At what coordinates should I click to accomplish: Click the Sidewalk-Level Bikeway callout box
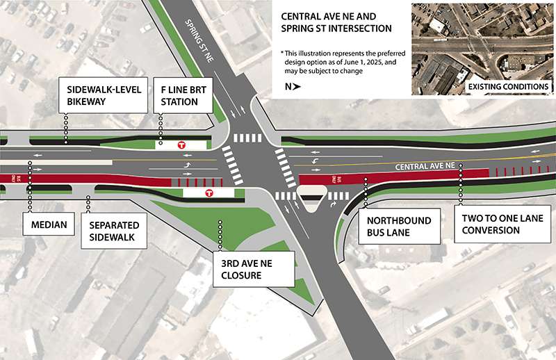pyautogui.click(x=103, y=95)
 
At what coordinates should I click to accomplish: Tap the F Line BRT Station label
pyautogui.click(x=183, y=95)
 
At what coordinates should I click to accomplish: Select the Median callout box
pyautogui.click(x=49, y=224)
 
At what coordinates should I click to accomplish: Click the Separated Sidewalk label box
pyautogui.click(x=114, y=231)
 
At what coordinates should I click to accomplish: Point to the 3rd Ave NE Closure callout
pyautogui.click(x=254, y=269)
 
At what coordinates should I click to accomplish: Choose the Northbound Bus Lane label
pyautogui.click(x=399, y=227)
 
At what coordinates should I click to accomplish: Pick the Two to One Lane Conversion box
pyautogui.click(x=502, y=224)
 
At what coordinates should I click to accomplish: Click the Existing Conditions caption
pyautogui.click(x=508, y=87)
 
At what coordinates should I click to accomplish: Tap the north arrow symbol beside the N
pyautogui.click(x=297, y=87)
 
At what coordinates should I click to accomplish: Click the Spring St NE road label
pyautogui.click(x=199, y=41)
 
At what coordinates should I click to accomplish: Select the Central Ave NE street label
pyautogui.click(x=425, y=166)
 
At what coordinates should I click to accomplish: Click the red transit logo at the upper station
pyautogui.click(x=181, y=145)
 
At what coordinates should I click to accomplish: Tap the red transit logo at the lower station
pyautogui.click(x=209, y=193)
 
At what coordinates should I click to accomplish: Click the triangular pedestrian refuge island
pyautogui.click(x=311, y=197)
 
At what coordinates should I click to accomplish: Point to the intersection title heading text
pyautogui.click(x=336, y=22)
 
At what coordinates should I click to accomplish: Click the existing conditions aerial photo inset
pyautogui.click(x=482, y=49)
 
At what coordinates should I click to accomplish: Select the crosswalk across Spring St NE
pyautogui.click(x=247, y=138)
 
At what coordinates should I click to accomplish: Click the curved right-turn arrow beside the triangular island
pyautogui.click(x=333, y=204)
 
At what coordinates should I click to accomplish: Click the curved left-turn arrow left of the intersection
pyautogui.click(x=187, y=165)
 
